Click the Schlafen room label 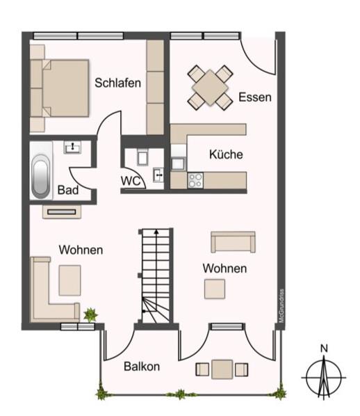(x=117, y=83)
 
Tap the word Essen (x=254, y=97)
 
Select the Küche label (x=226, y=154)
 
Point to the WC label (x=131, y=181)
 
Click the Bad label (x=67, y=190)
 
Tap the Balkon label (x=142, y=366)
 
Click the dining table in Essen (x=210, y=87)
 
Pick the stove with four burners (x=195, y=180)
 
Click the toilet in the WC (x=142, y=157)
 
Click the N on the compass (x=324, y=349)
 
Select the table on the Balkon (x=222, y=367)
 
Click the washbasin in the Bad (x=72, y=147)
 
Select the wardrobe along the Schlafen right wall (x=155, y=86)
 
